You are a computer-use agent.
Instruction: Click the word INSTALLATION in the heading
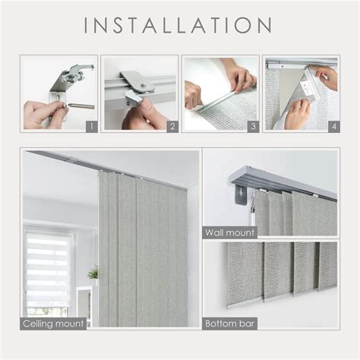tap(179, 24)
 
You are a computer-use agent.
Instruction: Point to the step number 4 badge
tap(333, 125)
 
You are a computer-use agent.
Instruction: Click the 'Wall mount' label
tap(229, 231)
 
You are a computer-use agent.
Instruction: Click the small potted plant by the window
tap(93, 273)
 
